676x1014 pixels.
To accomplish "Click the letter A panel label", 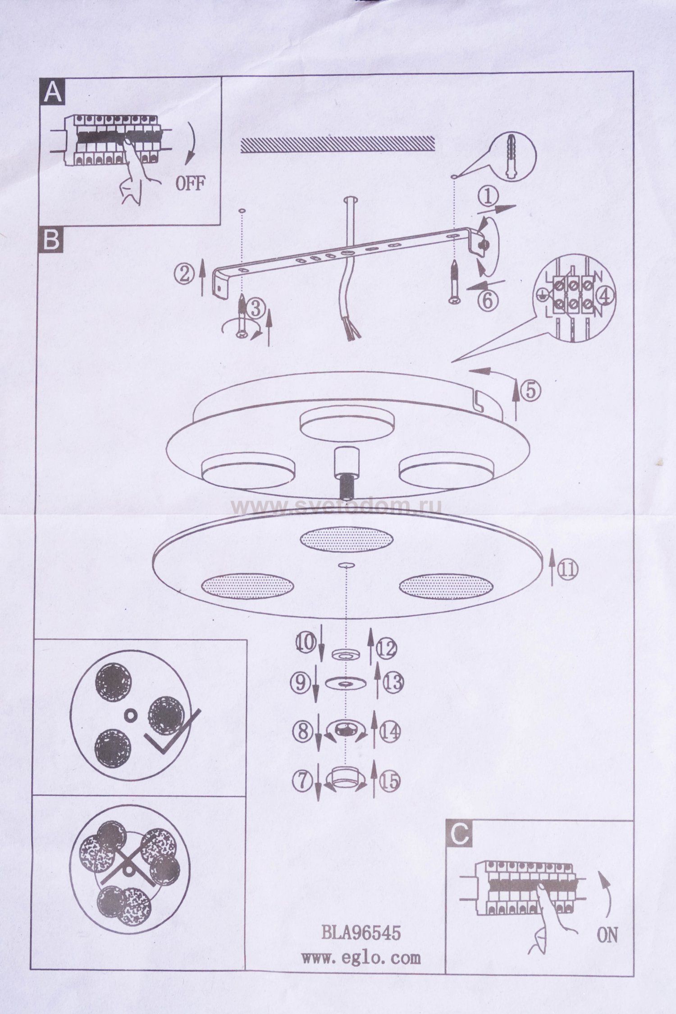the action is [52, 93].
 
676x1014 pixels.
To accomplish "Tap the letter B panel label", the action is [52, 241].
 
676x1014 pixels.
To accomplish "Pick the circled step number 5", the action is [531, 391].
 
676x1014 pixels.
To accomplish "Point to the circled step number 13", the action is [393, 683].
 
